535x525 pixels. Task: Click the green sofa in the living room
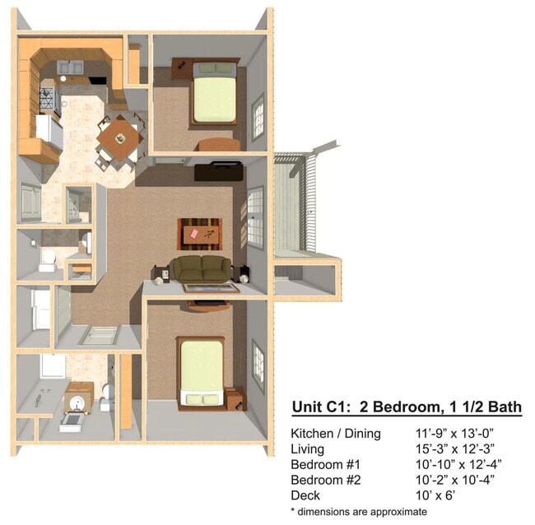[202, 269]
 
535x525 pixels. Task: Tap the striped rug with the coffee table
[200, 234]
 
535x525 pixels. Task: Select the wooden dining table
[120, 138]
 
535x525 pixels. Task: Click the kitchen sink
[70, 67]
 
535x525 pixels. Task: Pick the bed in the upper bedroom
[214, 93]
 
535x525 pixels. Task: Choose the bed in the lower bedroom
[201, 373]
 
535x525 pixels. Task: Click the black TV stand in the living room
[218, 172]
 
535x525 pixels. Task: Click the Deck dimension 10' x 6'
[435, 495]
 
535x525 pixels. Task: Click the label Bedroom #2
[325, 480]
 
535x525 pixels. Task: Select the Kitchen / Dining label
[336, 434]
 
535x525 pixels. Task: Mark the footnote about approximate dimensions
[359, 512]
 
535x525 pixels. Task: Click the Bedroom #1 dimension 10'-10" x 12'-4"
[458, 464]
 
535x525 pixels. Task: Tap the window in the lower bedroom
[258, 365]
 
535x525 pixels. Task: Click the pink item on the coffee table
[194, 234]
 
